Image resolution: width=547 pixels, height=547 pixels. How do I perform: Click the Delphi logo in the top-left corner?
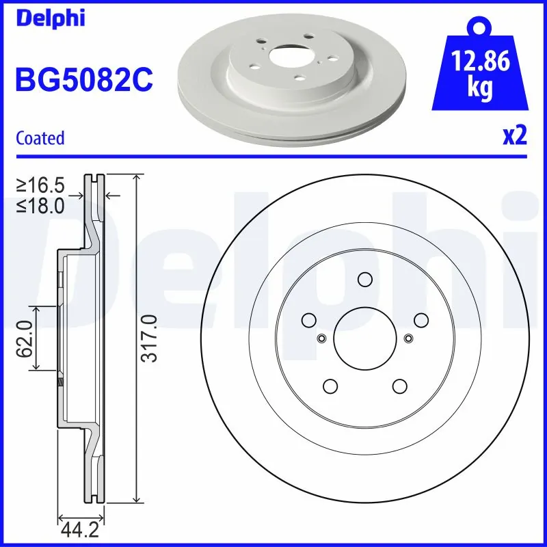click(x=50, y=18)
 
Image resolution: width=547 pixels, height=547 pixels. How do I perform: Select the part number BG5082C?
click(x=83, y=81)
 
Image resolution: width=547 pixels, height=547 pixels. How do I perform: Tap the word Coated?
click(x=40, y=138)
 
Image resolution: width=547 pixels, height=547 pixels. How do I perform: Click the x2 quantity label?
click(x=514, y=137)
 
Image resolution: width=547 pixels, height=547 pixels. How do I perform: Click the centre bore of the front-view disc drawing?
click(x=364, y=338)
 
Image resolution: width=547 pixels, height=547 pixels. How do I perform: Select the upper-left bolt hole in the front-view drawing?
click(x=308, y=319)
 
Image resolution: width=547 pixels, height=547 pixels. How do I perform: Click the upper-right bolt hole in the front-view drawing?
click(x=421, y=319)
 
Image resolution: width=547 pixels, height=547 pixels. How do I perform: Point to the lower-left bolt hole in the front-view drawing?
click(x=330, y=386)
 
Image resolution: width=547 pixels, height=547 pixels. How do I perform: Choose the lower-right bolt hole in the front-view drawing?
click(x=399, y=386)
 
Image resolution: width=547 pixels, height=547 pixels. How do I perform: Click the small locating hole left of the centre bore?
click(x=321, y=338)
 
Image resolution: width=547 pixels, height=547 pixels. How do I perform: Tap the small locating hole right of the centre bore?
click(x=408, y=338)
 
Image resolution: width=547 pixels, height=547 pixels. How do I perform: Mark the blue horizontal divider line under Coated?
click(x=273, y=157)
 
